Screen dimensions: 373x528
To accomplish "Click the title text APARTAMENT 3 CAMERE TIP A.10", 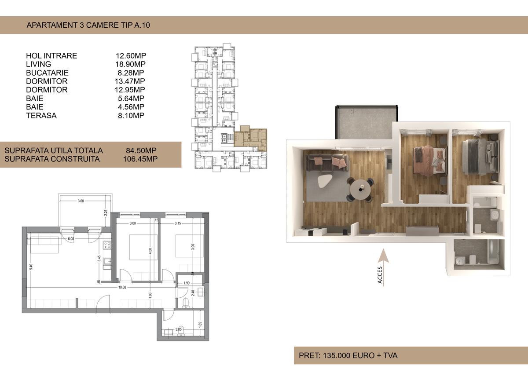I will point(88,26).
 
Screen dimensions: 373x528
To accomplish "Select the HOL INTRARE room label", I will point(51,56).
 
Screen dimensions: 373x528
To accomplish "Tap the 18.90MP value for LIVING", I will point(130,64).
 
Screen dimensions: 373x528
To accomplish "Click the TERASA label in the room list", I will point(41,115).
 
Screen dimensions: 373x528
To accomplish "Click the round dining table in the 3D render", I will point(360,189).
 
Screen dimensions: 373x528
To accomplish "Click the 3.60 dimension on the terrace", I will point(81,201).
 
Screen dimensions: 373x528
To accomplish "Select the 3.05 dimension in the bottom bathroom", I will point(178,329).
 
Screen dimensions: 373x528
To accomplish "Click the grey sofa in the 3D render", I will point(326,163).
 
